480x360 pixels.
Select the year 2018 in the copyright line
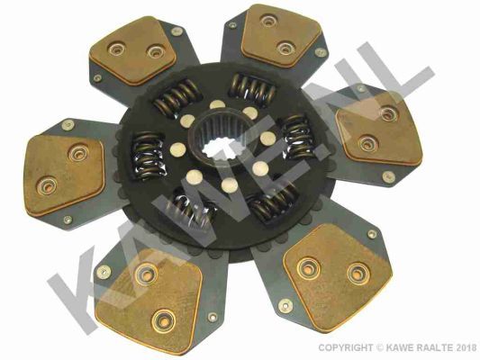(466, 347)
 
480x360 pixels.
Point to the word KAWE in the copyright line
(400, 347)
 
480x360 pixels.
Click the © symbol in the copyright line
(380, 347)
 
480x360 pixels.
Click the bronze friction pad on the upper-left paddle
(134, 50)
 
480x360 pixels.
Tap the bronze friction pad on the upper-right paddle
(280, 34)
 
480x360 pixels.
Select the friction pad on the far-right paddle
(380, 129)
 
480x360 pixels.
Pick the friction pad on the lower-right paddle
(337, 277)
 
